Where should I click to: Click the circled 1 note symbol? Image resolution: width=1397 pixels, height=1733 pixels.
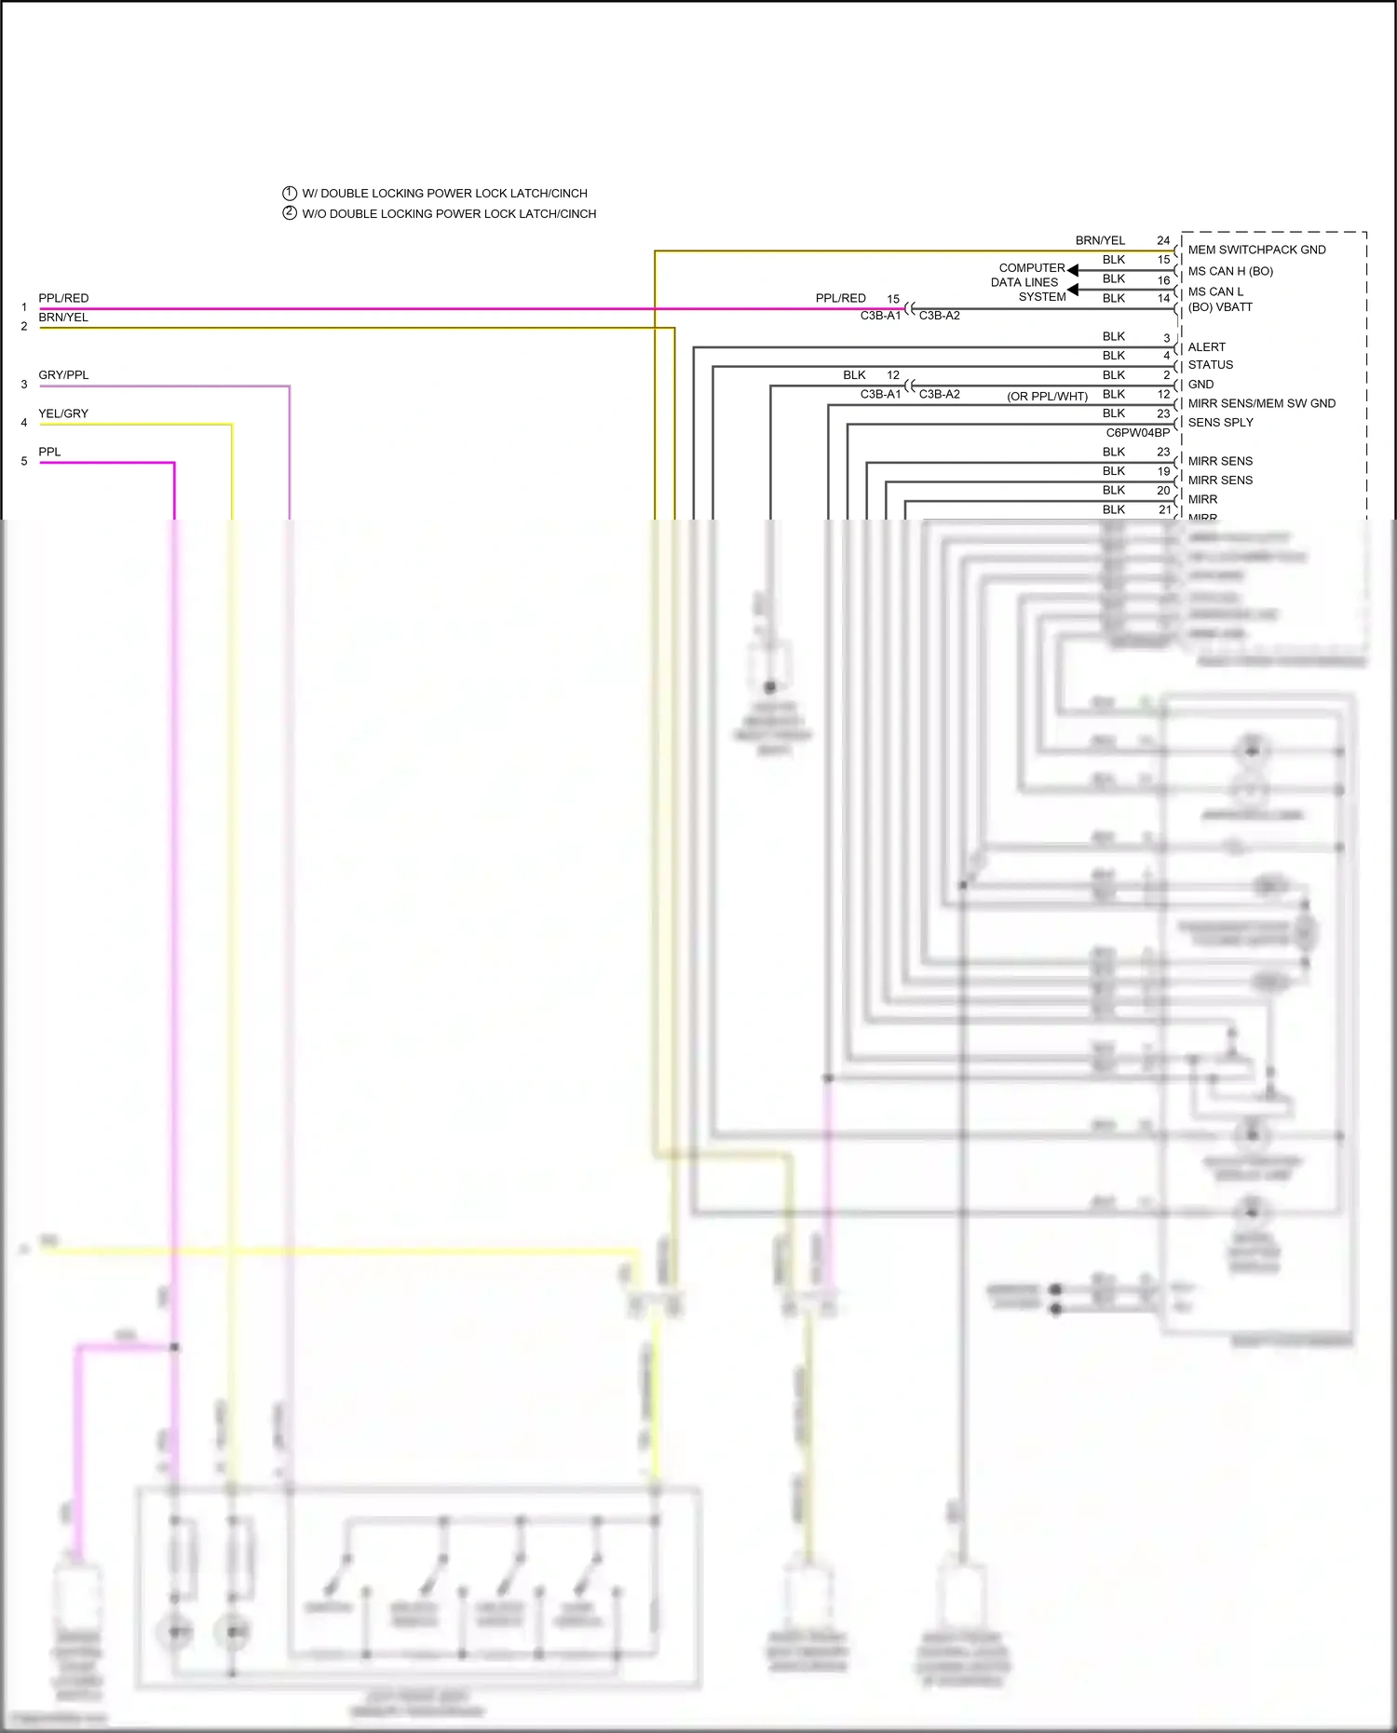[x=290, y=193]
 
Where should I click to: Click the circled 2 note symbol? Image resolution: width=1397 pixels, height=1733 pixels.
[x=290, y=213]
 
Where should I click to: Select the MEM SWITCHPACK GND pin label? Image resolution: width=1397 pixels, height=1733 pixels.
[x=1256, y=250]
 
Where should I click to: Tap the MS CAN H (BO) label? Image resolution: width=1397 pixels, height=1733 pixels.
[x=1229, y=271]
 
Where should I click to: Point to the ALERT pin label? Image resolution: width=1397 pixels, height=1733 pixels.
[x=1206, y=346]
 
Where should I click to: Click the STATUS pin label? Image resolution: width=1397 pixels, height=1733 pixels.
[x=1210, y=365]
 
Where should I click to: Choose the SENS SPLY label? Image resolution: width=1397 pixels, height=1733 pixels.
[x=1220, y=423]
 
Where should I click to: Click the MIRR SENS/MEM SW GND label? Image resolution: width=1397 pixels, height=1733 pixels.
[x=1261, y=403]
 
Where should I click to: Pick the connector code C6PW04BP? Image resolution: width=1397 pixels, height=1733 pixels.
[x=1137, y=433]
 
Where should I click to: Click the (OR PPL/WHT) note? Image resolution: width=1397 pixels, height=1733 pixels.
[x=1047, y=397]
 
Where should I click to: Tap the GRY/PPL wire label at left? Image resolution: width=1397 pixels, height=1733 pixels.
[x=63, y=375]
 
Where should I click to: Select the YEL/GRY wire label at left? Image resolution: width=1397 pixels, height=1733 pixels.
[x=63, y=413]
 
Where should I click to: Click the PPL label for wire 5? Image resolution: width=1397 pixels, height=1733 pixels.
[x=49, y=452]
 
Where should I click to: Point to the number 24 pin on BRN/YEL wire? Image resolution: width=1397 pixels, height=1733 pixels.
[x=1163, y=240]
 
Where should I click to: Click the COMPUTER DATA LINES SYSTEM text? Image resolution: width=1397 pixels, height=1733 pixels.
[x=1028, y=282]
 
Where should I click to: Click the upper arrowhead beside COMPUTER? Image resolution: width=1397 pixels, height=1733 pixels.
[x=1073, y=270]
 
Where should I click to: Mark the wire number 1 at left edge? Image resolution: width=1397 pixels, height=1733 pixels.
[x=24, y=307]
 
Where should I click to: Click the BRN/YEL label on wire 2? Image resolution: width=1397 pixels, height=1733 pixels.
[x=63, y=318]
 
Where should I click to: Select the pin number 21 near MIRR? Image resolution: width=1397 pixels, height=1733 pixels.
[x=1164, y=509]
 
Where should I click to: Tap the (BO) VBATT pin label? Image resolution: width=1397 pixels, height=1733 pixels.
[x=1220, y=307]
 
